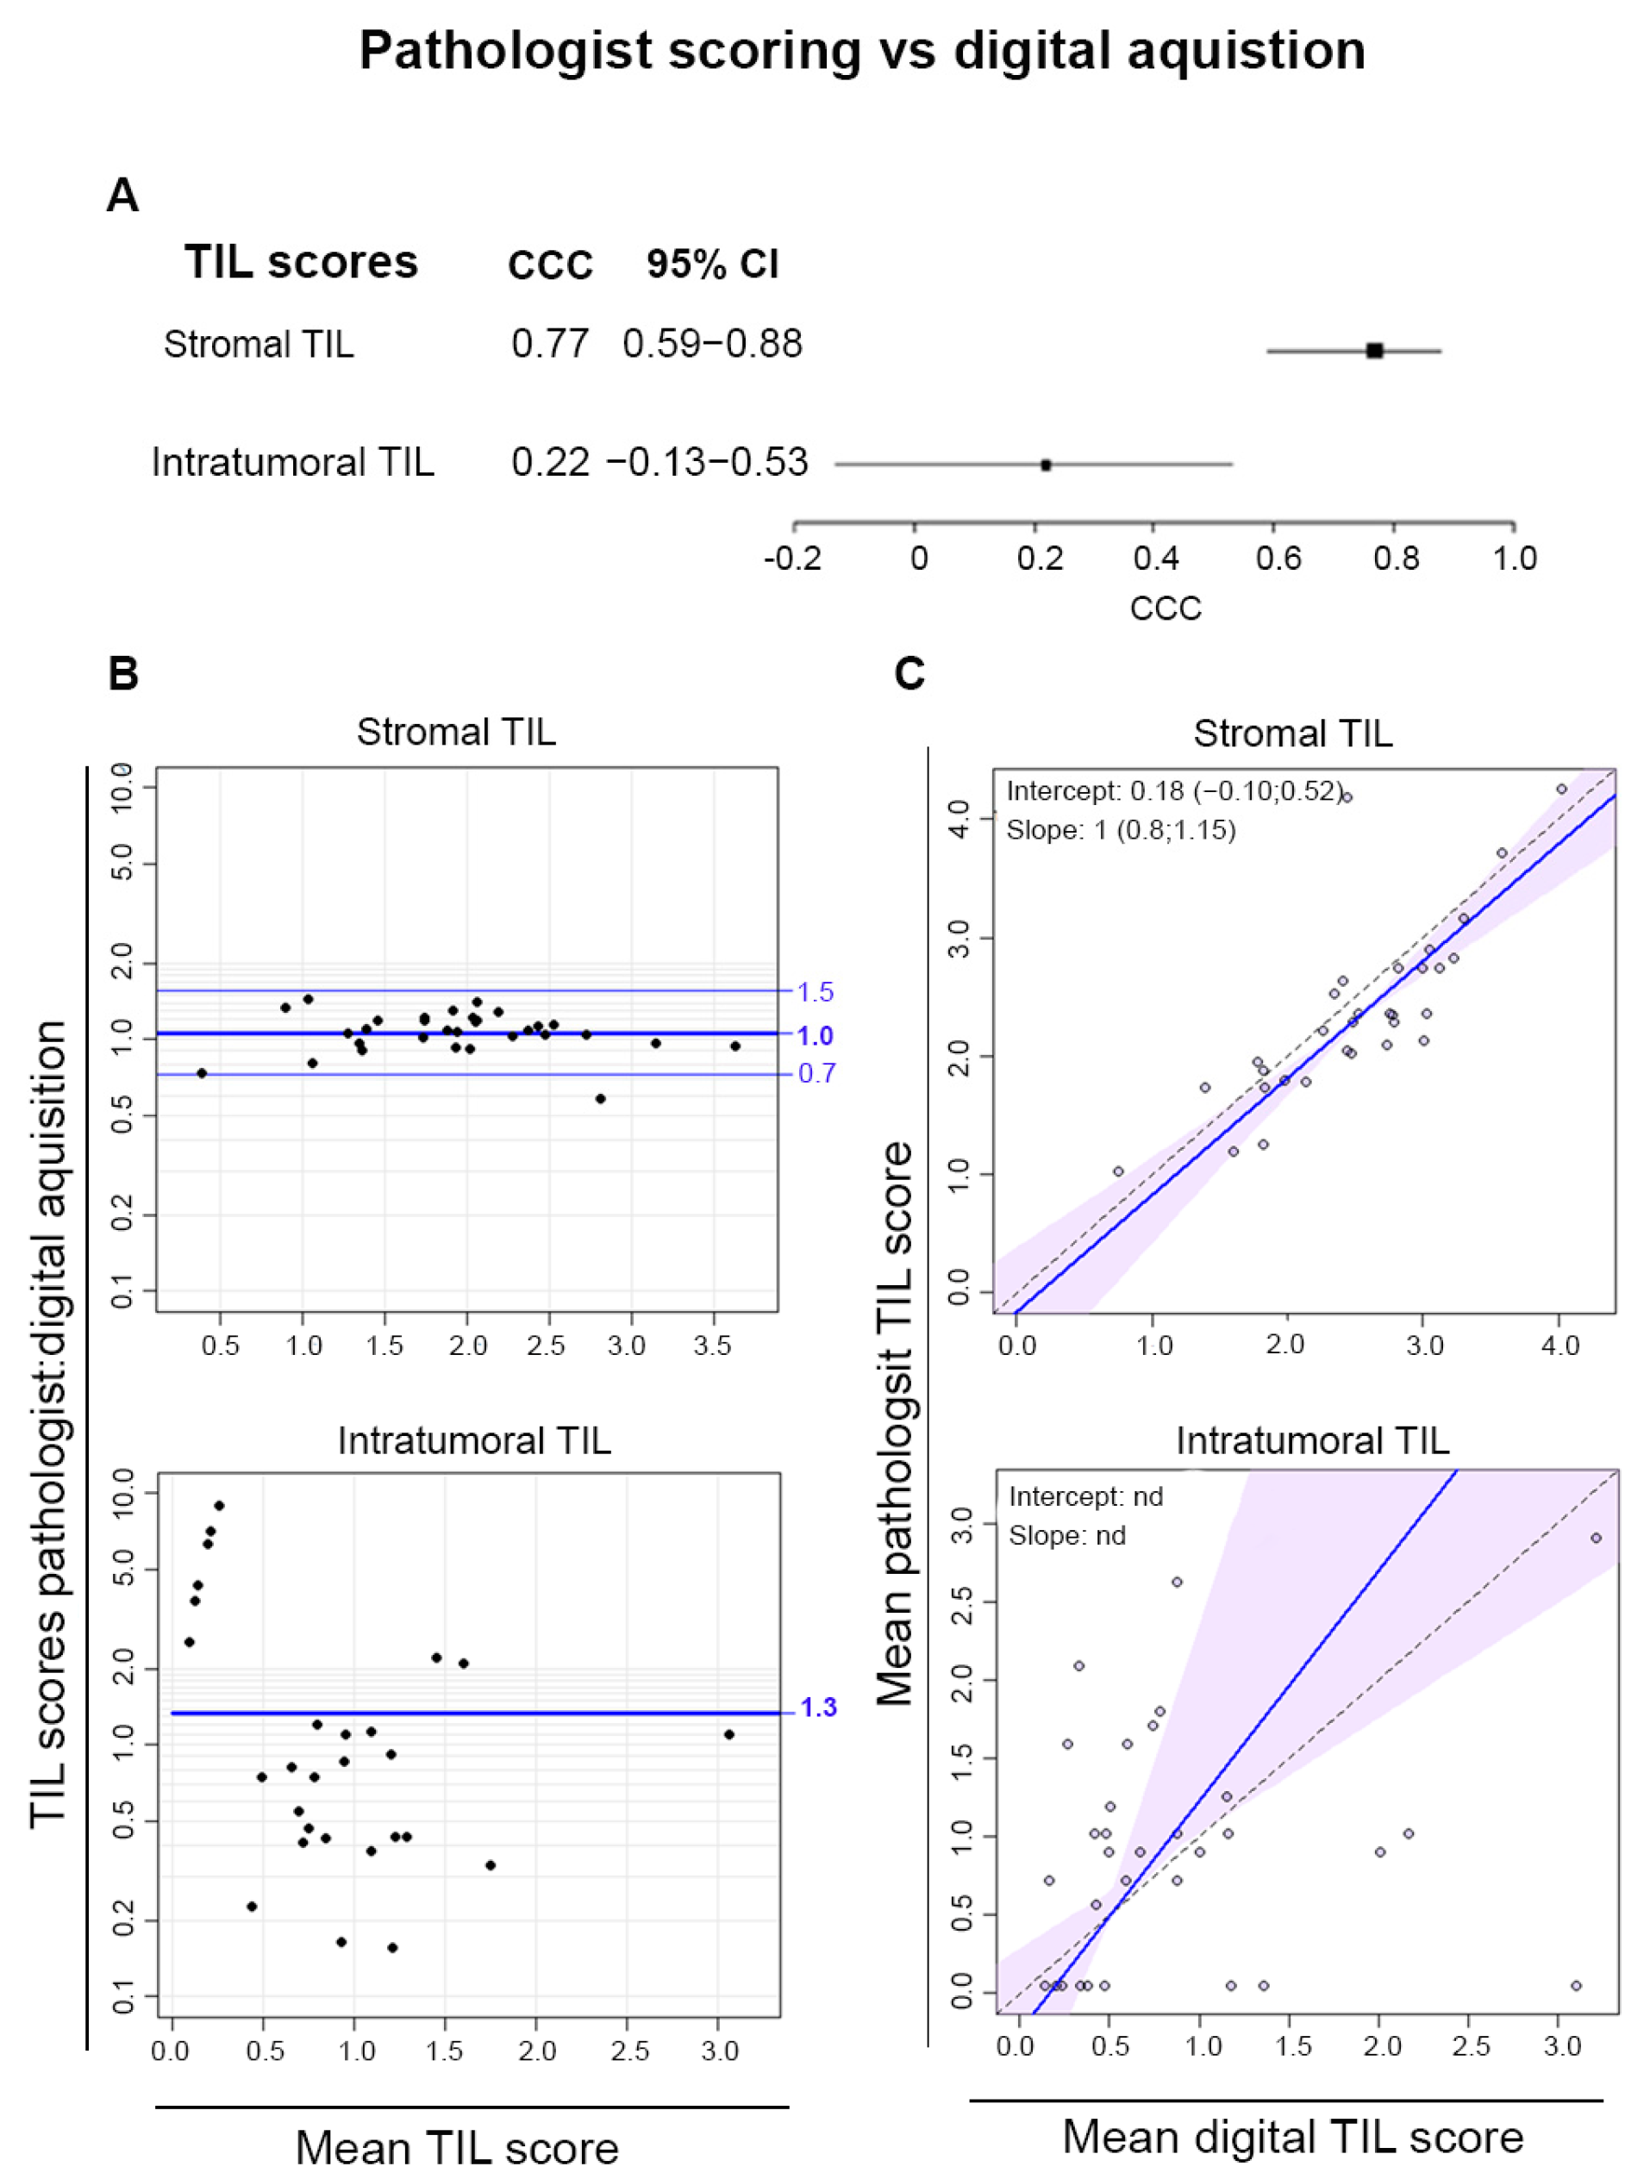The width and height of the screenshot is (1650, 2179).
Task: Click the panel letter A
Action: coord(122,195)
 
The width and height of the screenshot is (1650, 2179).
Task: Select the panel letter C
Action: coord(909,674)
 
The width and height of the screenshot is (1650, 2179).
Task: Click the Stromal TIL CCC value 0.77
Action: coord(550,344)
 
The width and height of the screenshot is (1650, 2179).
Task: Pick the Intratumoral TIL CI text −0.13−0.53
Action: coord(706,462)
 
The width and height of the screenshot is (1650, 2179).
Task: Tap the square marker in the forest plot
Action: coord(1374,351)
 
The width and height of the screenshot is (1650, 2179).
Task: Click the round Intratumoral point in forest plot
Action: coord(1047,465)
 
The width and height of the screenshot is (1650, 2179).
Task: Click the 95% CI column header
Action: coord(712,264)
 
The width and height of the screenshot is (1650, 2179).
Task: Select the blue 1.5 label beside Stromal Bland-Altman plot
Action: coord(815,992)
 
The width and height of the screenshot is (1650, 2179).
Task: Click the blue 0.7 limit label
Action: coord(816,1073)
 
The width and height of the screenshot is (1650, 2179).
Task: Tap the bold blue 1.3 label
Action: coord(816,1708)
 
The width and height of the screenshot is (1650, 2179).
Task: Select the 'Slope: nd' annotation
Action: coord(1067,1536)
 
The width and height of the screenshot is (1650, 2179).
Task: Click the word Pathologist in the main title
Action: coord(511,50)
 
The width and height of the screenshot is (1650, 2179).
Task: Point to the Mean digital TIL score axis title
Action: coord(1292,2137)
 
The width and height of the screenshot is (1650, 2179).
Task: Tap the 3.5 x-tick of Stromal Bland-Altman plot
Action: coord(712,1345)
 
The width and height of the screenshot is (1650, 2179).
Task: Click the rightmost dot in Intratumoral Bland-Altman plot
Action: coord(729,1733)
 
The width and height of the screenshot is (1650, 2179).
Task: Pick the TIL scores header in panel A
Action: coord(302,262)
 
